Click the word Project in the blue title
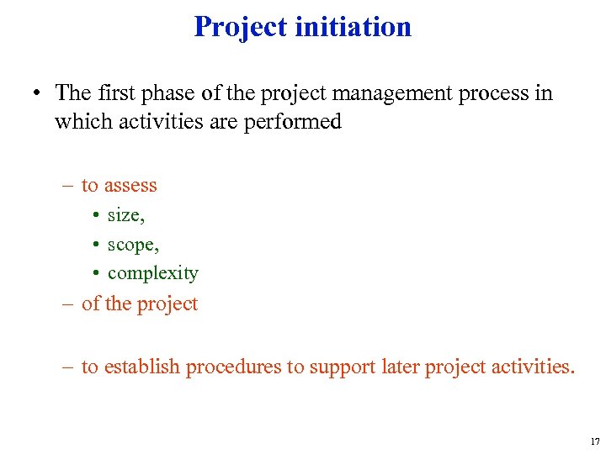pyautogui.click(x=241, y=27)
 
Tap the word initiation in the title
pyautogui.click(x=353, y=27)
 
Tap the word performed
pyautogui.click(x=295, y=122)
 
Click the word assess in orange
pyautogui.click(x=130, y=185)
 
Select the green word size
pyautogui.click(x=125, y=215)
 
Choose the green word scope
pyautogui.click(x=133, y=245)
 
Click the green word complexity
pyautogui.click(x=153, y=273)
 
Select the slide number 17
pyautogui.click(x=595, y=441)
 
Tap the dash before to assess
pyautogui.click(x=68, y=185)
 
